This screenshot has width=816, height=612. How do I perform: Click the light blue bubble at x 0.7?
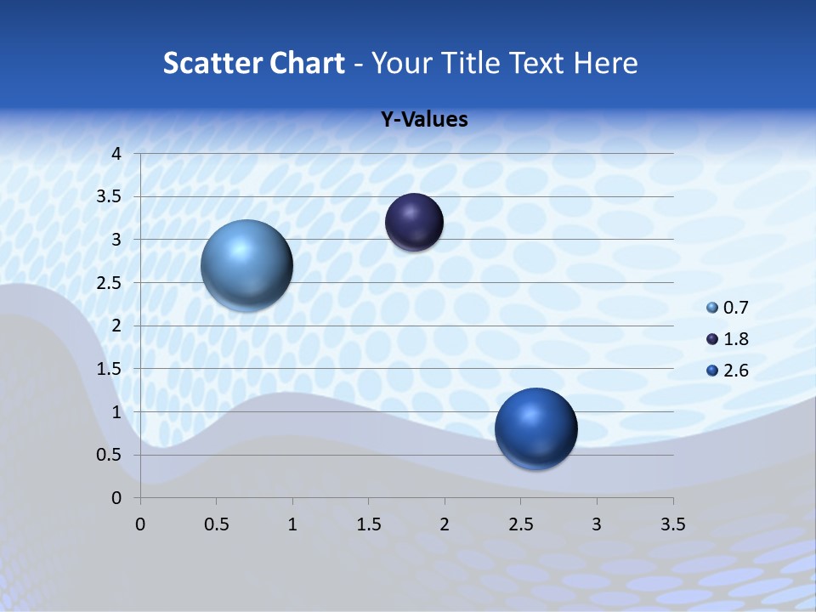click(246, 265)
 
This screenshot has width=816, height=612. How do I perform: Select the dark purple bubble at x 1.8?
click(414, 222)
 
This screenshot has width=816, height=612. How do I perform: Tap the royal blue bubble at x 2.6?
click(535, 428)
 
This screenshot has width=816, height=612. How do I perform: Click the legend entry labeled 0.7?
click(728, 308)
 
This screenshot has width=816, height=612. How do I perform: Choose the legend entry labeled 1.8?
click(728, 339)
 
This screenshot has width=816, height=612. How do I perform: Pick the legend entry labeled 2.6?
click(728, 371)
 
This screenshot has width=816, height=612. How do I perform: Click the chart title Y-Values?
click(423, 120)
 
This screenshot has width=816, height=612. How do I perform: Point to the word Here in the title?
click(605, 63)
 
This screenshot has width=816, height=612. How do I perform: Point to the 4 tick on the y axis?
click(117, 154)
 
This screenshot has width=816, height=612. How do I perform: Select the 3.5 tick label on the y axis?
click(111, 197)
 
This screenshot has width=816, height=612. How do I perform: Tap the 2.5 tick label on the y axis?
click(111, 283)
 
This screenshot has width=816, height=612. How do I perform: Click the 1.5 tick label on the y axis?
click(111, 369)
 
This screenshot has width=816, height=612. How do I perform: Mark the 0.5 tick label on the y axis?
click(111, 456)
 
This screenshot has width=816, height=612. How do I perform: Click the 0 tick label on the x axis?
click(141, 524)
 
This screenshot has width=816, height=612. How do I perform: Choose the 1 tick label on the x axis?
click(292, 524)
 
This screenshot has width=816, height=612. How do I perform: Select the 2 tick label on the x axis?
click(445, 524)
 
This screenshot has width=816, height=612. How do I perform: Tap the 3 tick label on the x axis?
click(597, 524)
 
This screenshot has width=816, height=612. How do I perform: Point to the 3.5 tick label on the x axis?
click(672, 524)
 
